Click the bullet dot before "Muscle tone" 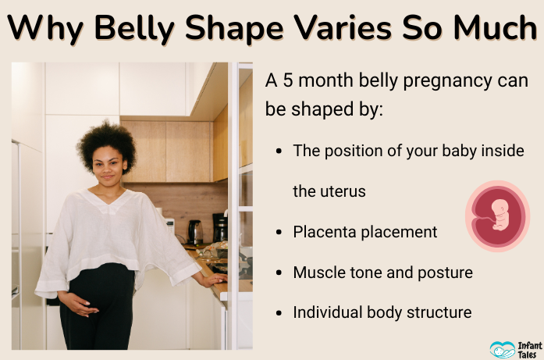point(279,273)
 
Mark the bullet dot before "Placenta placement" point(279,233)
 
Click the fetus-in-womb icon point(497,216)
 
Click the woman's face point(108,164)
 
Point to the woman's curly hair point(106,141)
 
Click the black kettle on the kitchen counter point(195,231)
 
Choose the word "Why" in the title point(46,29)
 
